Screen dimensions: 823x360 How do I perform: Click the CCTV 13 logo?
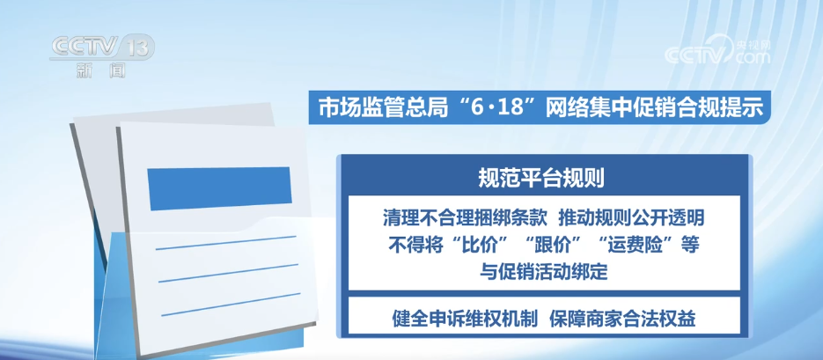click(102, 48)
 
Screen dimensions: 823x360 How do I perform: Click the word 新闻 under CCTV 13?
click(101, 70)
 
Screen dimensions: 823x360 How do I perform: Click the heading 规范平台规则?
click(541, 178)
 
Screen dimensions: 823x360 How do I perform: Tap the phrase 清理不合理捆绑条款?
click(465, 217)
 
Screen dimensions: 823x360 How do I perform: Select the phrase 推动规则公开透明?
click(631, 217)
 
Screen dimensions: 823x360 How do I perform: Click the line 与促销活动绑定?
click(544, 272)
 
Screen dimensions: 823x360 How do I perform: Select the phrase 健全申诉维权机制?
click(465, 319)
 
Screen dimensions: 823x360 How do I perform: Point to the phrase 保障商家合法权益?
click(623, 319)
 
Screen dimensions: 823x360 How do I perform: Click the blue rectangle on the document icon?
click(219, 188)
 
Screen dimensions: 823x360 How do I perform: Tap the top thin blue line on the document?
click(226, 243)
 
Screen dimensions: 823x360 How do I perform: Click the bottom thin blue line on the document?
click(231, 305)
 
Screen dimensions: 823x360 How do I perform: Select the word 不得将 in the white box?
click(415, 245)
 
